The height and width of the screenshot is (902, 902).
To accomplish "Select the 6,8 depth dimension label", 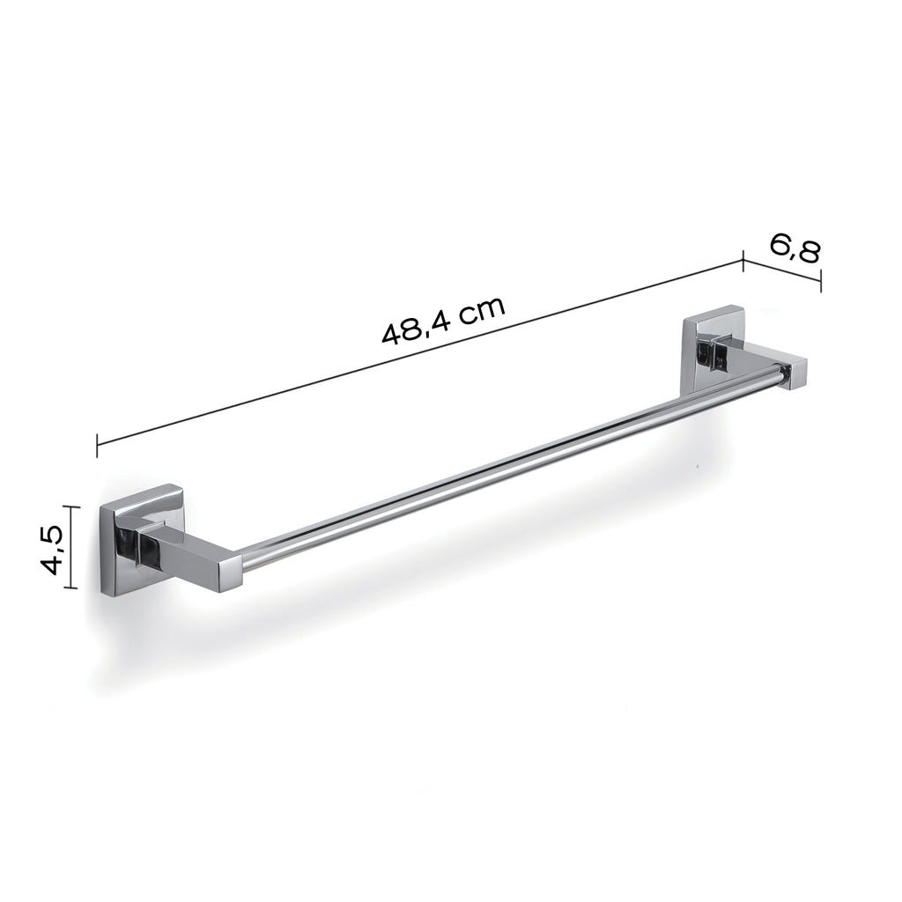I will click(x=795, y=248).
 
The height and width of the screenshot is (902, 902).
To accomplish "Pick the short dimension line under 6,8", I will click(x=782, y=270).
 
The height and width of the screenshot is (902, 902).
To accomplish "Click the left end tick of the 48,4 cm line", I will click(x=97, y=444).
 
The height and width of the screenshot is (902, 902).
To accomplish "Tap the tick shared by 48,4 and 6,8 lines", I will click(x=743, y=258).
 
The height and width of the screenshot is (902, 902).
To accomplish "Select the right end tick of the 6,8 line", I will click(x=821, y=281).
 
